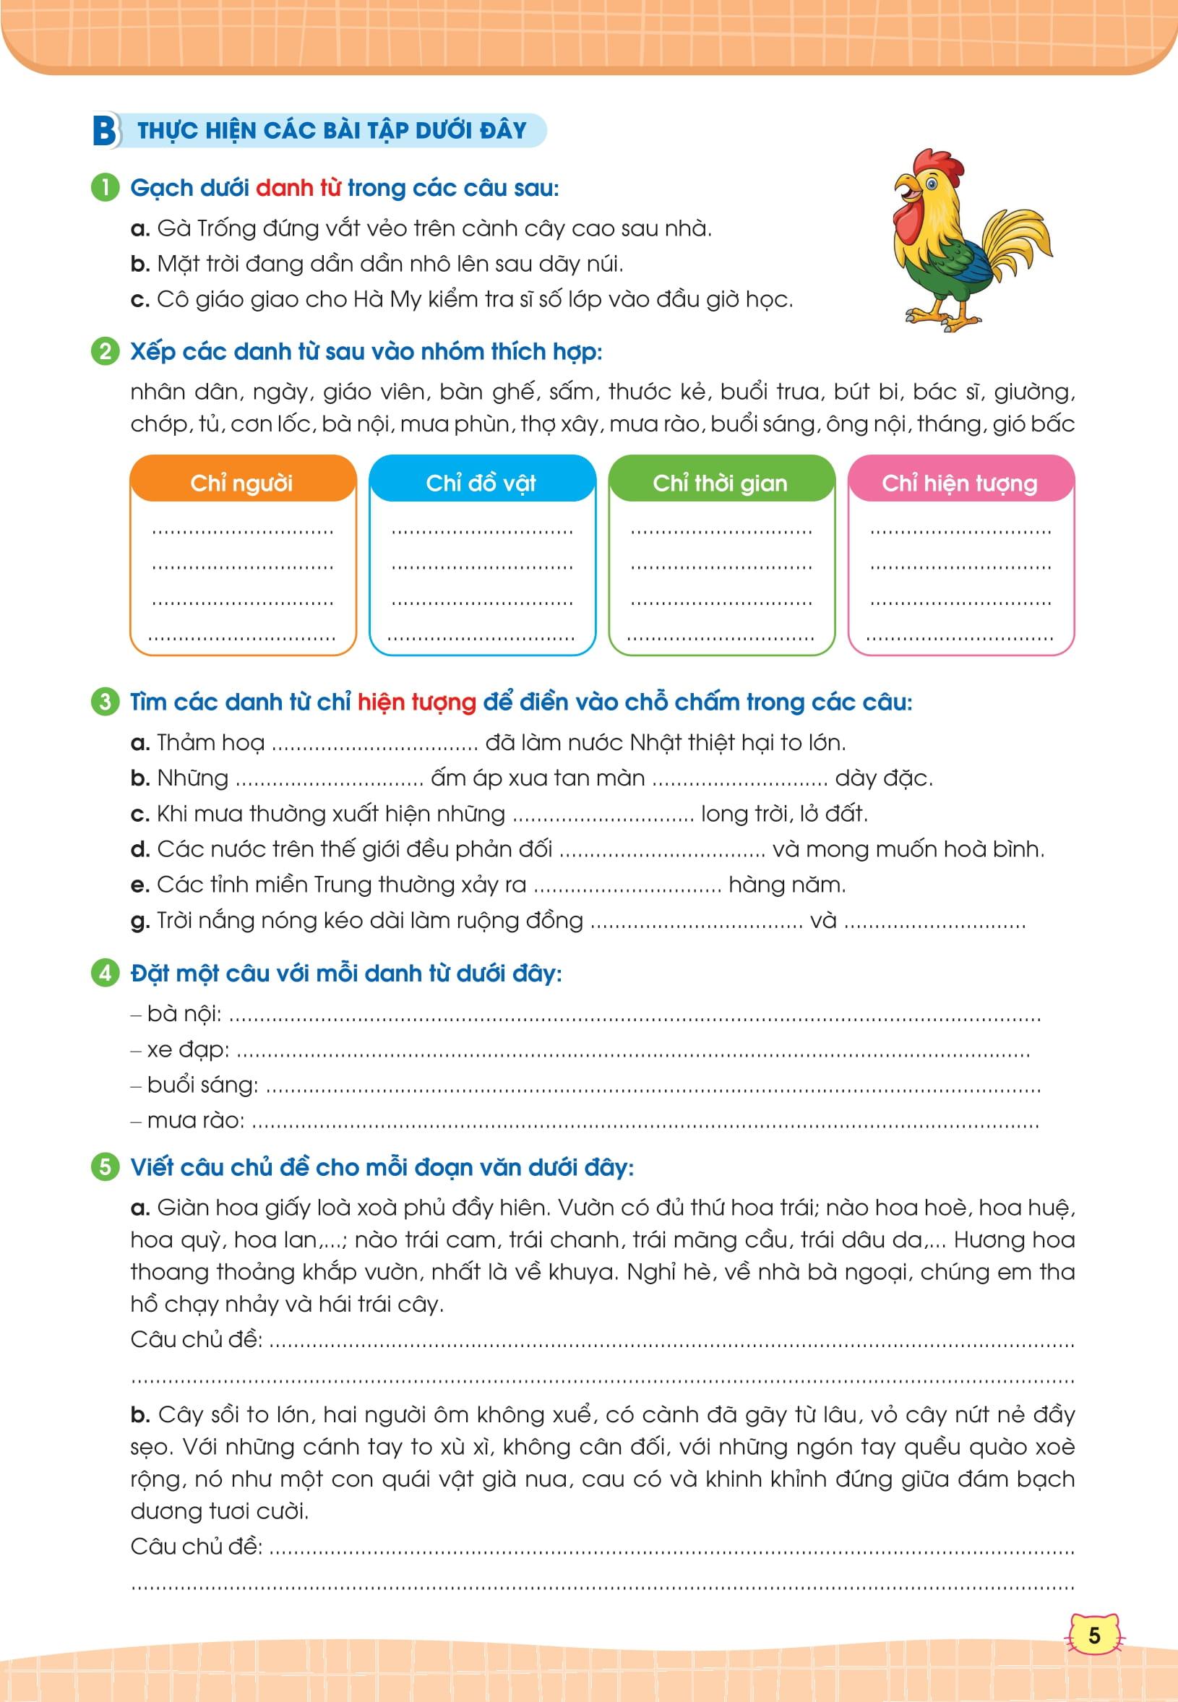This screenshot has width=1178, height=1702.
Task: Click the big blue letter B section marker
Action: click(x=104, y=132)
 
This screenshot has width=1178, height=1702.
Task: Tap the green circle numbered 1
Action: click(x=105, y=188)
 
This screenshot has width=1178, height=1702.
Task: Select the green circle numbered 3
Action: click(x=105, y=701)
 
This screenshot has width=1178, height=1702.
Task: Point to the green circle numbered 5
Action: click(x=105, y=1167)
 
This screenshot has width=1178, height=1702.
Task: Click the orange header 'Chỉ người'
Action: click(x=242, y=483)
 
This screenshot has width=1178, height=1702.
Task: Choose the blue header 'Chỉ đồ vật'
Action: click(x=481, y=483)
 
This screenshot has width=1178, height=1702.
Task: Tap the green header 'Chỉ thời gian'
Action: click(x=721, y=483)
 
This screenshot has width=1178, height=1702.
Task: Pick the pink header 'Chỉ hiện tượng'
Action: click(x=960, y=483)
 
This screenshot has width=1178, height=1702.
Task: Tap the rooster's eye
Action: click(x=931, y=181)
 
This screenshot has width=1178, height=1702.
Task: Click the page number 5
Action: click(x=1094, y=1636)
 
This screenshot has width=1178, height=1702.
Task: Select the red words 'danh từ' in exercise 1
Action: click(x=298, y=188)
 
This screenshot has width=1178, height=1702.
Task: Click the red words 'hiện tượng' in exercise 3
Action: click(x=416, y=702)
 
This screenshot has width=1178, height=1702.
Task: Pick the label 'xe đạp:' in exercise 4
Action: click(x=187, y=1049)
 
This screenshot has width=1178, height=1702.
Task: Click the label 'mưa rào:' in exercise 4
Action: click(x=196, y=1120)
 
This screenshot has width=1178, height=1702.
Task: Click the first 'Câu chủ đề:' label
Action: click(x=197, y=1339)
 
